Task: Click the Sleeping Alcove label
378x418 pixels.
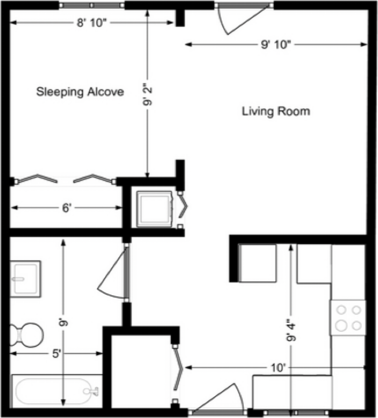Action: [80, 92]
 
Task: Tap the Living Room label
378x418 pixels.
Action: [276, 111]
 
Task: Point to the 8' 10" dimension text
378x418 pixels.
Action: [91, 23]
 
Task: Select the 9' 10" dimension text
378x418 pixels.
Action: [276, 44]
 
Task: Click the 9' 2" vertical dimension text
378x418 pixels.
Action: [148, 94]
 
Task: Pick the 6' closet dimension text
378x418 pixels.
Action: [67, 207]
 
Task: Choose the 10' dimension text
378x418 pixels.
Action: [278, 368]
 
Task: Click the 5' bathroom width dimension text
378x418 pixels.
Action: [56, 353]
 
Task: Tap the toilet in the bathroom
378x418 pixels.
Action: [27, 335]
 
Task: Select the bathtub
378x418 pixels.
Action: [56, 391]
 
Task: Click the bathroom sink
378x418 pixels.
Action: [26, 279]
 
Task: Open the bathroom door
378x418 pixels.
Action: [114, 273]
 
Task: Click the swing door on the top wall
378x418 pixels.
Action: [243, 19]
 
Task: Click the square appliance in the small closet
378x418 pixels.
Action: [154, 209]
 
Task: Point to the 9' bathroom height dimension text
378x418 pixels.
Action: [63, 323]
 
